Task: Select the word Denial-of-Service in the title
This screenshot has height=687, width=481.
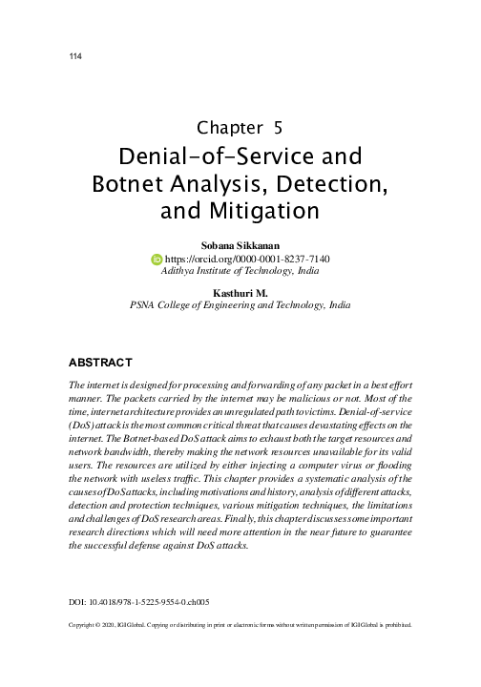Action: pyautogui.click(x=204, y=155)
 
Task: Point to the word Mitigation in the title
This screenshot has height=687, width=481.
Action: pyautogui.click(x=262, y=208)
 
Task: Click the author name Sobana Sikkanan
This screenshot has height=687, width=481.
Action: pyautogui.click(x=240, y=245)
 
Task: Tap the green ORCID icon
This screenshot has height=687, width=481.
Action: pyautogui.click(x=157, y=259)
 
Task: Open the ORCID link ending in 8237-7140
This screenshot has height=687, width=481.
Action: pyautogui.click(x=247, y=259)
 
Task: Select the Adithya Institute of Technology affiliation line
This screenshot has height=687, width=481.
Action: pyautogui.click(x=240, y=271)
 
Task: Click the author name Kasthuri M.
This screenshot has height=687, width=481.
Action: pyautogui.click(x=240, y=295)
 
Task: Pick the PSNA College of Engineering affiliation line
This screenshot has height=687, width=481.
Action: pyautogui.click(x=240, y=307)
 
